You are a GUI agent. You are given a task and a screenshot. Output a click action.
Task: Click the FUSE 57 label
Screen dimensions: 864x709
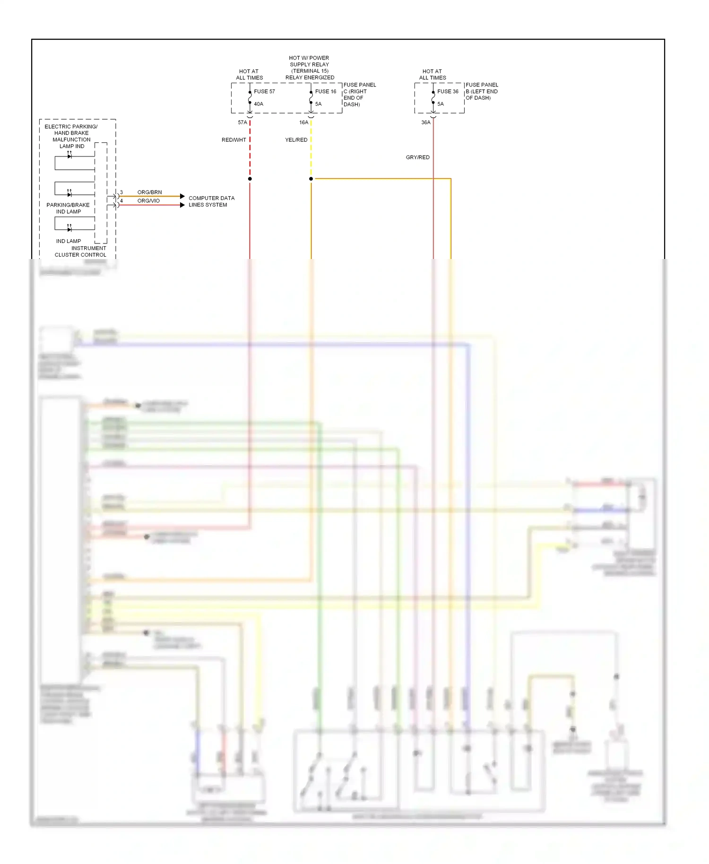264,91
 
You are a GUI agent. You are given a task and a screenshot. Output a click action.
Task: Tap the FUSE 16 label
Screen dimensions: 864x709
326,91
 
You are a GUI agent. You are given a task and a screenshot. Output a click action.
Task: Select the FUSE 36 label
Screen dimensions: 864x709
448,91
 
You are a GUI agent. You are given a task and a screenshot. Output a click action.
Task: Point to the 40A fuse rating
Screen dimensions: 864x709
259,104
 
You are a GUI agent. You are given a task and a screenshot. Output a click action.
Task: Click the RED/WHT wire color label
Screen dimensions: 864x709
234,140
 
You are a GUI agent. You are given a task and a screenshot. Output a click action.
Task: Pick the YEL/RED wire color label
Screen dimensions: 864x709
296,140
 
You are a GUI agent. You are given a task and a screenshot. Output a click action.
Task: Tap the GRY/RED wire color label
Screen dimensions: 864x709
418,157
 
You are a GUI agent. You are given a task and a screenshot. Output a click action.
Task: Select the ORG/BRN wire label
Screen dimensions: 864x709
149,192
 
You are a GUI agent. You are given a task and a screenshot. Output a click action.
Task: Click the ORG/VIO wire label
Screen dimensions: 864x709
148,201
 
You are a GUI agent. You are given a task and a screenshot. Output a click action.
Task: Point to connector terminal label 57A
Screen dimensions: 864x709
242,122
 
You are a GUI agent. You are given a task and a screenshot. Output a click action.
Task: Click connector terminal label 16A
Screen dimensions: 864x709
304,122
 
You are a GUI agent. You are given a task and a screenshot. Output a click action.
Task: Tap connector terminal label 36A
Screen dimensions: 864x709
426,122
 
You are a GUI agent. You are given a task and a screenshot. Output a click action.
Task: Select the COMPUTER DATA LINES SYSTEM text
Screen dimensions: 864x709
211,201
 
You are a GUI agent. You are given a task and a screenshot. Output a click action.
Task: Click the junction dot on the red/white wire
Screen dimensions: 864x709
250,179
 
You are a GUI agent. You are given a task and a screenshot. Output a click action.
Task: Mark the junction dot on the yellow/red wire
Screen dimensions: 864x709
311,179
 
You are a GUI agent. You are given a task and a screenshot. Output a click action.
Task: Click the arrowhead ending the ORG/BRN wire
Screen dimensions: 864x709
182,196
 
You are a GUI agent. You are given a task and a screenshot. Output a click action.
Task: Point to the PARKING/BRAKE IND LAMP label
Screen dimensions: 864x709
68,208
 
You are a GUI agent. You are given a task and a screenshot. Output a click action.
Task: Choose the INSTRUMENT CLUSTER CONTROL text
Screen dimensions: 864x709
81,251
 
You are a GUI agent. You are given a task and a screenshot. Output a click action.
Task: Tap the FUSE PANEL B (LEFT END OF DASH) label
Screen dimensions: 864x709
482,91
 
